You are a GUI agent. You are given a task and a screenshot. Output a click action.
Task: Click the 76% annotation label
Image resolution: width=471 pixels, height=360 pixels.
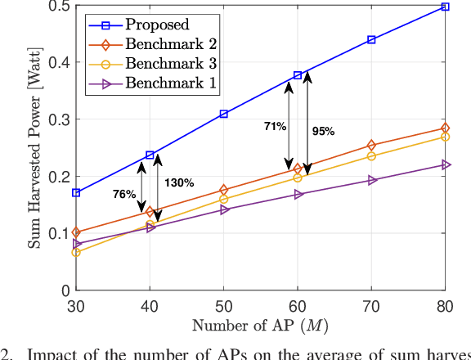pyautogui.click(x=124, y=195)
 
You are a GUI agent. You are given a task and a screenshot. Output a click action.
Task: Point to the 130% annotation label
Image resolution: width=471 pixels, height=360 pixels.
pyautogui.click(x=179, y=183)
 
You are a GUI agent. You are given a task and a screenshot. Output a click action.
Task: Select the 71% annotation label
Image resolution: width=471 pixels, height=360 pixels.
pyautogui.click(x=275, y=127)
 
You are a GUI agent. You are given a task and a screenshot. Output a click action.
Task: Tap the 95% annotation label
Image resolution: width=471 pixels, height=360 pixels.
pyautogui.click(x=324, y=130)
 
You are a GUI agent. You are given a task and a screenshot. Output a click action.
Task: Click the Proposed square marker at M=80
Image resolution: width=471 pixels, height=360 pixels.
pyautogui.click(x=445, y=7)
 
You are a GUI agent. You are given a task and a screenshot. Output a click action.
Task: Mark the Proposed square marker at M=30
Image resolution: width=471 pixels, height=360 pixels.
pyautogui.click(x=76, y=193)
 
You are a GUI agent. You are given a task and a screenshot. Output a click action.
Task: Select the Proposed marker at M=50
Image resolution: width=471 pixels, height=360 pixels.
pyautogui.click(x=223, y=115)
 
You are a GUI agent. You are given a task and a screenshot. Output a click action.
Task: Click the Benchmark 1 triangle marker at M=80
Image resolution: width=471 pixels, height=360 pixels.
pyautogui.click(x=446, y=164)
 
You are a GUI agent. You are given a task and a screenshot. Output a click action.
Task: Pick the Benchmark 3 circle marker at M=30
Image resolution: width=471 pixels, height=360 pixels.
pyautogui.click(x=76, y=252)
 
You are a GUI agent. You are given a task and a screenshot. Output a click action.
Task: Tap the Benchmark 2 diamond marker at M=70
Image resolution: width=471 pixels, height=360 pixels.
pyautogui.click(x=371, y=146)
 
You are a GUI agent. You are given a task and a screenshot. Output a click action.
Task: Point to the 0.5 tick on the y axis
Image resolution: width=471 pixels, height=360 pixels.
pyautogui.click(x=56, y=7)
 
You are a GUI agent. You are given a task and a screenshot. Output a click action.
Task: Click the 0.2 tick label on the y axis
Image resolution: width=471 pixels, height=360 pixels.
pyautogui.click(x=56, y=177)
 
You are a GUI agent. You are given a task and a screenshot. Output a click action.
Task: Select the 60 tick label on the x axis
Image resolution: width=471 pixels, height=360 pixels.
pyautogui.click(x=298, y=304)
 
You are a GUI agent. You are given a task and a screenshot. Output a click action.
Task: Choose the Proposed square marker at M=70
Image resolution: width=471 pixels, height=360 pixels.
pyautogui.click(x=371, y=39)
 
